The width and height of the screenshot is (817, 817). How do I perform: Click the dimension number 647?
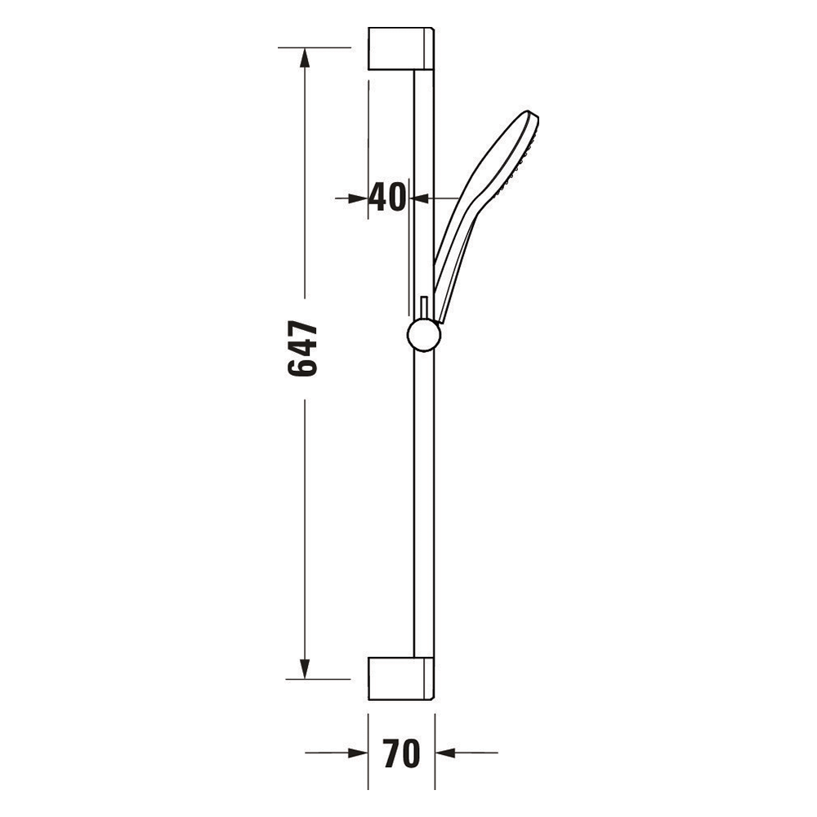(302, 349)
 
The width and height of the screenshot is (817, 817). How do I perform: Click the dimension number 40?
(386, 198)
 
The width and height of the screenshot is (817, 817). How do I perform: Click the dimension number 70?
(401, 753)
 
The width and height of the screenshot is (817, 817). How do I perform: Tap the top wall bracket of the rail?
(401, 48)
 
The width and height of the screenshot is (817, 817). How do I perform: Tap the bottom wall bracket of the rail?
(401, 678)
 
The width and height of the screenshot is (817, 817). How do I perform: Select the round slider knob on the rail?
(424, 335)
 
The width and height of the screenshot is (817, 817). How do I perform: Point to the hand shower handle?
(454, 261)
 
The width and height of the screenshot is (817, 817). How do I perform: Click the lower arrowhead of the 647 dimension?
(304, 668)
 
